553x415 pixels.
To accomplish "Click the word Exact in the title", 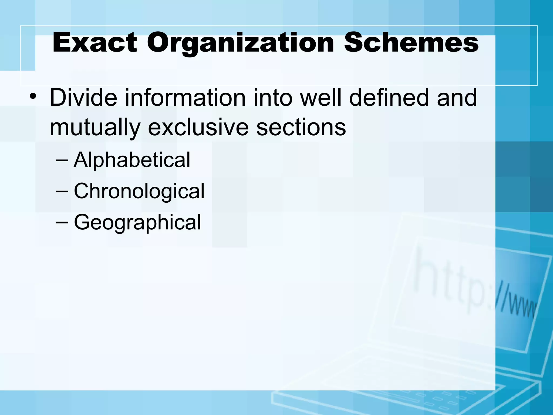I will click(x=95, y=43).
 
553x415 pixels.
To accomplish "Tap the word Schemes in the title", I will click(x=411, y=43).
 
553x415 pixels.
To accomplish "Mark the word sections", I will click(x=301, y=128).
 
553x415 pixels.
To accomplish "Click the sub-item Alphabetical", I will click(x=132, y=160).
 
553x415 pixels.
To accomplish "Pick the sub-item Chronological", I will click(x=139, y=191).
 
